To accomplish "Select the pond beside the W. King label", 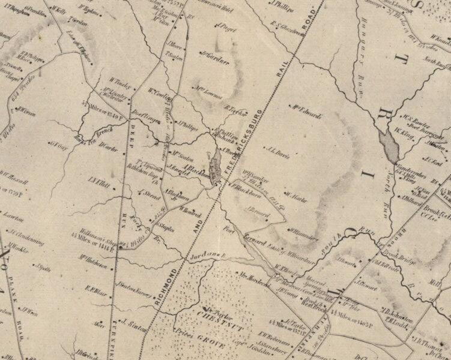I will pos(388,146).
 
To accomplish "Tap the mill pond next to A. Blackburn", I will pos(216,160).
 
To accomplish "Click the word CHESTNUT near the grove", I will pos(211,316).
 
